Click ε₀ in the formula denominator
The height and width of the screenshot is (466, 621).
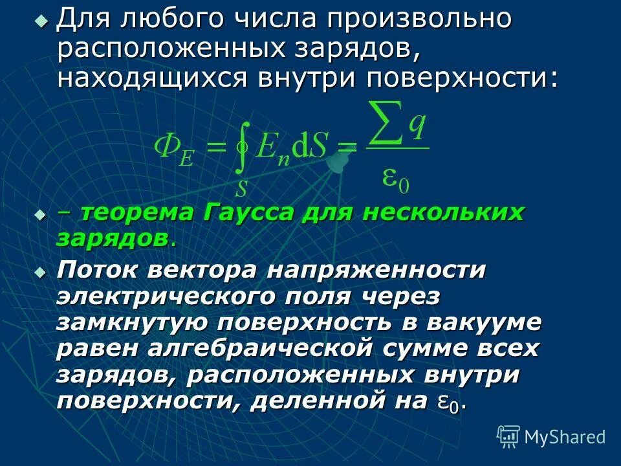(x=396, y=177)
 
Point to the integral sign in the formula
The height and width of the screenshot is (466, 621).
(x=241, y=148)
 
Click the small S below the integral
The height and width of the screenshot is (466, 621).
(x=241, y=189)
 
